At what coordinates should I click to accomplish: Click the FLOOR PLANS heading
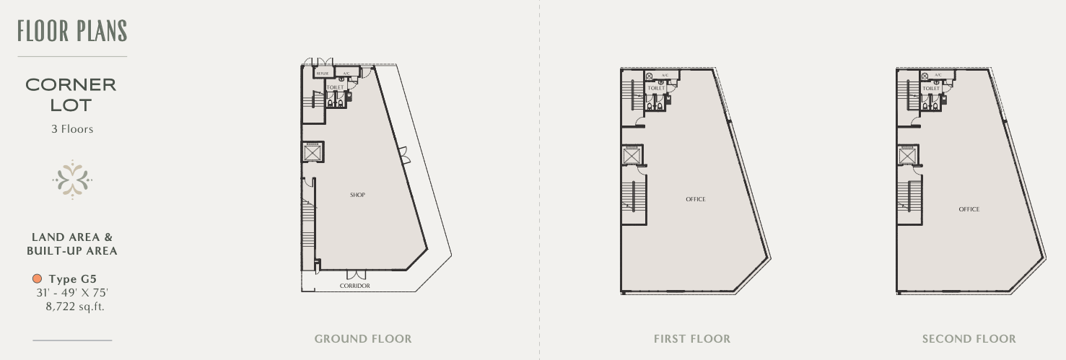[x=72, y=31]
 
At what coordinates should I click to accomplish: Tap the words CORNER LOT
[x=71, y=95]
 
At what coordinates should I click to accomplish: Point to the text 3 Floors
[x=72, y=129]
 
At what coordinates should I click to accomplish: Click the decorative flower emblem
[x=72, y=179]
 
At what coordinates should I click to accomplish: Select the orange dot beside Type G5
[x=38, y=278]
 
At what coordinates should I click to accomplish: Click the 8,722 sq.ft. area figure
[x=75, y=307]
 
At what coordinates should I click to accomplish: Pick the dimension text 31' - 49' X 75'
[x=72, y=293]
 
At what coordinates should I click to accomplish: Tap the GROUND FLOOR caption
[x=363, y=338]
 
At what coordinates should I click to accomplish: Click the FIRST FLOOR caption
[x=692, y=338]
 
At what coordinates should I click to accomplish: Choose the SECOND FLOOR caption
[x=969, y=338]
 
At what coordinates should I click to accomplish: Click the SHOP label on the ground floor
[x=357, y=195]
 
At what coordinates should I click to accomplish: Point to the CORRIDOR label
[x=354, y=286]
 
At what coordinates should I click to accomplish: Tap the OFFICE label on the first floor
[x=696, y=199]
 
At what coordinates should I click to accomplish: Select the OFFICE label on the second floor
[x=969, y=209]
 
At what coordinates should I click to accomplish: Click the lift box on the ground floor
[x=313, y=152]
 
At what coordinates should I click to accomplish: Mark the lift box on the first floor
[x=632, y=155]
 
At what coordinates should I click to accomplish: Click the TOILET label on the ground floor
[x=335, y=87]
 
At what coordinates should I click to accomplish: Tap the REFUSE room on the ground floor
[x=323, y=73]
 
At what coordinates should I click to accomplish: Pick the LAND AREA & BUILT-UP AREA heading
[x=72, y=244]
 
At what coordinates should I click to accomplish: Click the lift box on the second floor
[x=907, y=155]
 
